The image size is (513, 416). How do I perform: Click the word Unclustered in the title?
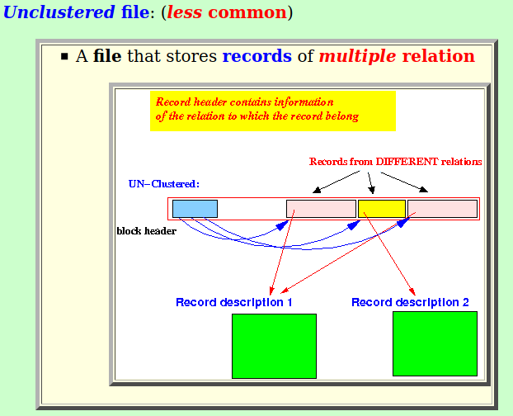59,12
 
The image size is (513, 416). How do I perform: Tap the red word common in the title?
247,12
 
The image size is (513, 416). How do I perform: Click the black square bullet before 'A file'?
64,56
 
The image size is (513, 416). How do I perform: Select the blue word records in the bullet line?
256,55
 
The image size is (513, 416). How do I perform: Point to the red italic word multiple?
358,56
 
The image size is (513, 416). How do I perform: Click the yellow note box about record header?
273,111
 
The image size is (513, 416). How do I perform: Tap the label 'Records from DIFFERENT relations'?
396,162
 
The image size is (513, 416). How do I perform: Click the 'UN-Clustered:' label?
164,184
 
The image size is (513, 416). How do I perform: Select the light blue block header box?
195,209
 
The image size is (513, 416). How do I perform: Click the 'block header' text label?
147,231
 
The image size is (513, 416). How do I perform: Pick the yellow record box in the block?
382,209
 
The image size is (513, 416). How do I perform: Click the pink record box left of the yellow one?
321,209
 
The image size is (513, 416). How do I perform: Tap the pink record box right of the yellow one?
442,209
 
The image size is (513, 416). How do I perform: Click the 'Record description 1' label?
234,302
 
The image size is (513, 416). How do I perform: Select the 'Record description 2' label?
410,302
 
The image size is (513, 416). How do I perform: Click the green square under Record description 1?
274,347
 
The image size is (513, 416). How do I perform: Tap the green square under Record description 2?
435,343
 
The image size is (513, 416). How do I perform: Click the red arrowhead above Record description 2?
412,291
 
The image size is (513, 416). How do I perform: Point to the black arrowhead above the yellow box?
371,190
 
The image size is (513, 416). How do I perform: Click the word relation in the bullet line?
439,55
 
